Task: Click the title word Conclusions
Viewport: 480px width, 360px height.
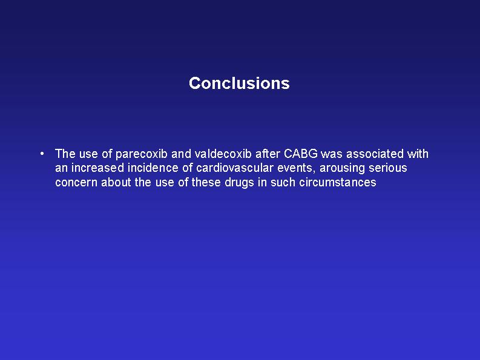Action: point(239,83)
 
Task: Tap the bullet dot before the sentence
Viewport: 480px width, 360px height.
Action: point(42,153)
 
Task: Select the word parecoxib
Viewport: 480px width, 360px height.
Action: point(142,154)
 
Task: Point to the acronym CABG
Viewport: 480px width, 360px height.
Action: point(301,153)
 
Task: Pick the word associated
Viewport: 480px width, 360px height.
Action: point(375,153)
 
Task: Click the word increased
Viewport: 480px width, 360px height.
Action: point(97,168)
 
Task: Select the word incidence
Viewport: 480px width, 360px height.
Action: point(153,168)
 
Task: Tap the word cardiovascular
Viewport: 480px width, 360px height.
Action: point(234,168)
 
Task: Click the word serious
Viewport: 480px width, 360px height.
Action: point(388,168)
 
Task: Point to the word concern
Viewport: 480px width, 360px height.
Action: point(76,183)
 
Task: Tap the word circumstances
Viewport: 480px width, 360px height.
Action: point(338,182)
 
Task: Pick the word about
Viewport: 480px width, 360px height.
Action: point(116,182)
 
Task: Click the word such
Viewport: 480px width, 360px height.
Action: point(283,182)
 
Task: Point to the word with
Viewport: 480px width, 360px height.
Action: point(418,153)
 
